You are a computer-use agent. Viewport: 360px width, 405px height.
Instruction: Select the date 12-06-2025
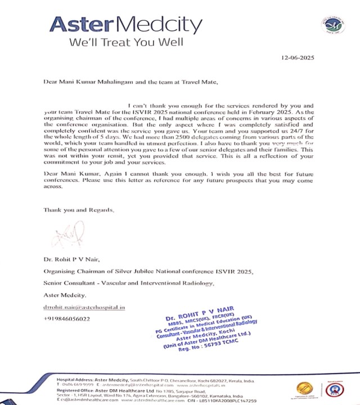[297, 58]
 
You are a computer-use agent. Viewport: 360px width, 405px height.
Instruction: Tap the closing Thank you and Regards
[79, 210]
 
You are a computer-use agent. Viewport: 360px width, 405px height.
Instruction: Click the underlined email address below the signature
[84, 307]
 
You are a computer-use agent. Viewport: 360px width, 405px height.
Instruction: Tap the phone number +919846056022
[66, 319]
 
